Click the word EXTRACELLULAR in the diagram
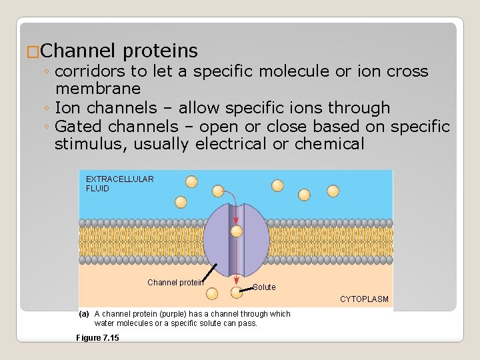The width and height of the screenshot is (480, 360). pyautogui.click(x=120, y=179)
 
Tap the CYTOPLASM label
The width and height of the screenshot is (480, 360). pyautogui.click(x=364, y=299)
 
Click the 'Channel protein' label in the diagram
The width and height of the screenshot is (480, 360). pyautogui.click(x=174, y=283)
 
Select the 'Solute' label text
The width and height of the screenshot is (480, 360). pyautogui.click(x=264, y=287)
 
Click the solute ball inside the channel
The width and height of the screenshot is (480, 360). pyautogui.click(x=236, y=231)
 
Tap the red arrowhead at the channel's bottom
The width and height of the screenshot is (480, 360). pyautogui.click(x=236, y=275)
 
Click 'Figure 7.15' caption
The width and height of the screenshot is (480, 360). pyautogui.click(x=98, y=338)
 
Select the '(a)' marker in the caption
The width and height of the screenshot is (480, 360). pyautogui.click(x=84, y=314)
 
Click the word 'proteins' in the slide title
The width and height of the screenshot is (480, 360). pyautogui.click(x=161, y=51)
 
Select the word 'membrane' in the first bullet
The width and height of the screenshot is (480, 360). pyautogui.click(x=98, y=89)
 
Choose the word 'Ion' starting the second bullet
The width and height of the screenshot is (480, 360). pyautogui.click(x=65, y=107)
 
